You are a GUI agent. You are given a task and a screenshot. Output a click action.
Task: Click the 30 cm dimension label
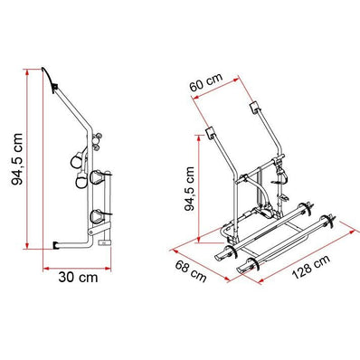point(78,278)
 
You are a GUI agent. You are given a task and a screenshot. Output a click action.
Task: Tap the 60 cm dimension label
point(206,82)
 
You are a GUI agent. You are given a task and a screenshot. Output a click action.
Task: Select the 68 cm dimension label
point(191,271)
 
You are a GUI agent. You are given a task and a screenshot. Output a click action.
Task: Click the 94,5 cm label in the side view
point(17,159)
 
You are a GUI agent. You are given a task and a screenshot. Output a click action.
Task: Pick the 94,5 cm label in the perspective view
point(189,188)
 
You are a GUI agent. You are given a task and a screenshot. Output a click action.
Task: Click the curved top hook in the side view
point(50,78)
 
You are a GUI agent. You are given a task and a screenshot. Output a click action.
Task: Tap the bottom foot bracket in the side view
point(56,245)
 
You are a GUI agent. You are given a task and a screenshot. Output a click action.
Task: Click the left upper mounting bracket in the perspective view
point(210,133)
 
